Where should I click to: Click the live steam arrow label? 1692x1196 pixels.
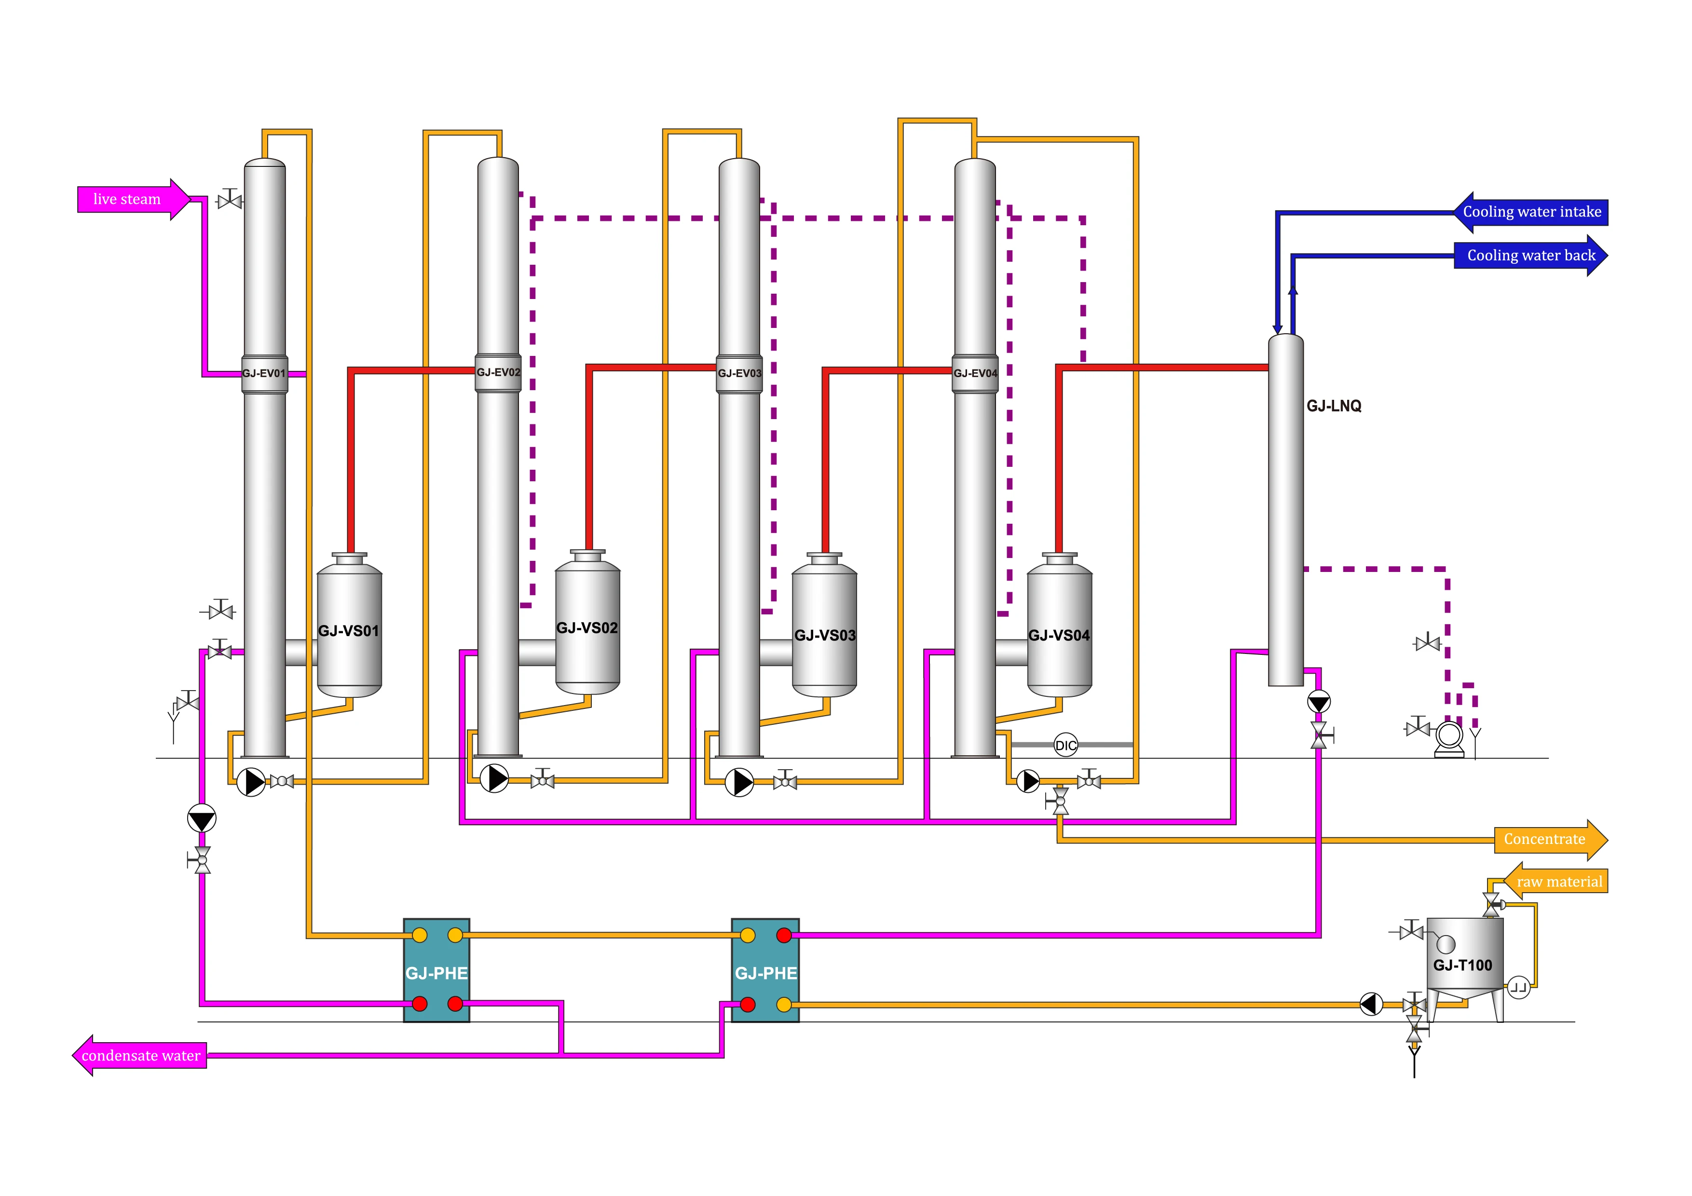(127, 199)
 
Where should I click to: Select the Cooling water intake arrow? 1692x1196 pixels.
(1531, 212)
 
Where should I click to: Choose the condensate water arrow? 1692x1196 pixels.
(140, 1055)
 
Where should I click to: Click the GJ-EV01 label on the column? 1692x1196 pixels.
(264, 374)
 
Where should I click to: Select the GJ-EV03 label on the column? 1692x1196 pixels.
(739, 374)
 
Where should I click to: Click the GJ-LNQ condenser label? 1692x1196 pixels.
(1334, 406)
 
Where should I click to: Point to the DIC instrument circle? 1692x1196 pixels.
(1065, 745)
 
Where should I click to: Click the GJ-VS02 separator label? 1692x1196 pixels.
(587, 628)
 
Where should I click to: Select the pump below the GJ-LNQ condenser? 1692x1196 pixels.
(1318, 702)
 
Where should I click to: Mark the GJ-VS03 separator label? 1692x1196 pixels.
(825, 635)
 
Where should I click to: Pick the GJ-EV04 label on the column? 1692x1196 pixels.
(975, 374)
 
